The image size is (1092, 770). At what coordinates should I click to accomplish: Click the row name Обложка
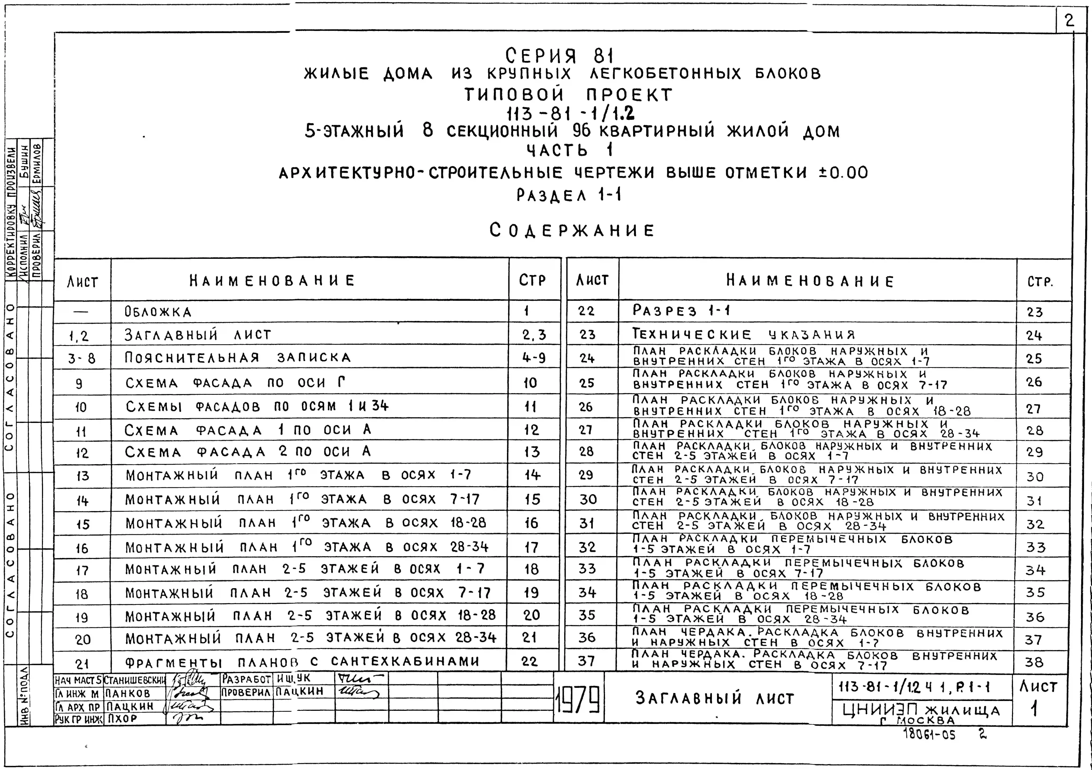(x=158, y=312)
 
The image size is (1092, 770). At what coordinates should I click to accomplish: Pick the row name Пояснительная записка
(x=238, y=358)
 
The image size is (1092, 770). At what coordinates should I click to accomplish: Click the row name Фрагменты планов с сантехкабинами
(x=302, y=662)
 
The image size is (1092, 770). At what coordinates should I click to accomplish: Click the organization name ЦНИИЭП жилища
(x=921, y=711)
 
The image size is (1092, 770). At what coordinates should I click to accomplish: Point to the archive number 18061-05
(x=929, y=734)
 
